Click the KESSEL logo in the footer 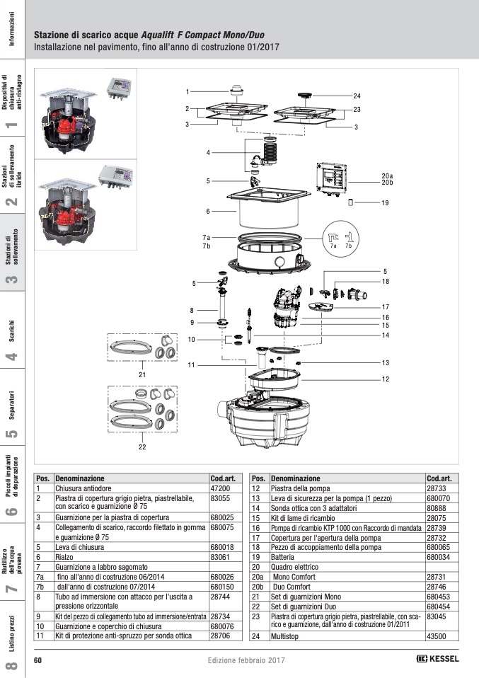pyautogui.click(x=437, y=660)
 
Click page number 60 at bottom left pyautogui.click(x=39, y=660)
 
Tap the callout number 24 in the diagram pyautogui.click(x=357, y=96)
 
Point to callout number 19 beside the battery pyautogui.click(x=385, y=203)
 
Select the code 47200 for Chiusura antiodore pyautogui.click(x=221, y=489)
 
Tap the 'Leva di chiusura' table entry pyautogui.click(x=77, y=547)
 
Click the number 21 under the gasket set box pyautogui.click(x=142, y=374)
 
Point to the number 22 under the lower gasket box pyautogui.click(x=142, y=448)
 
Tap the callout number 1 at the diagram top pyautogui.click(x=188, y=92)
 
